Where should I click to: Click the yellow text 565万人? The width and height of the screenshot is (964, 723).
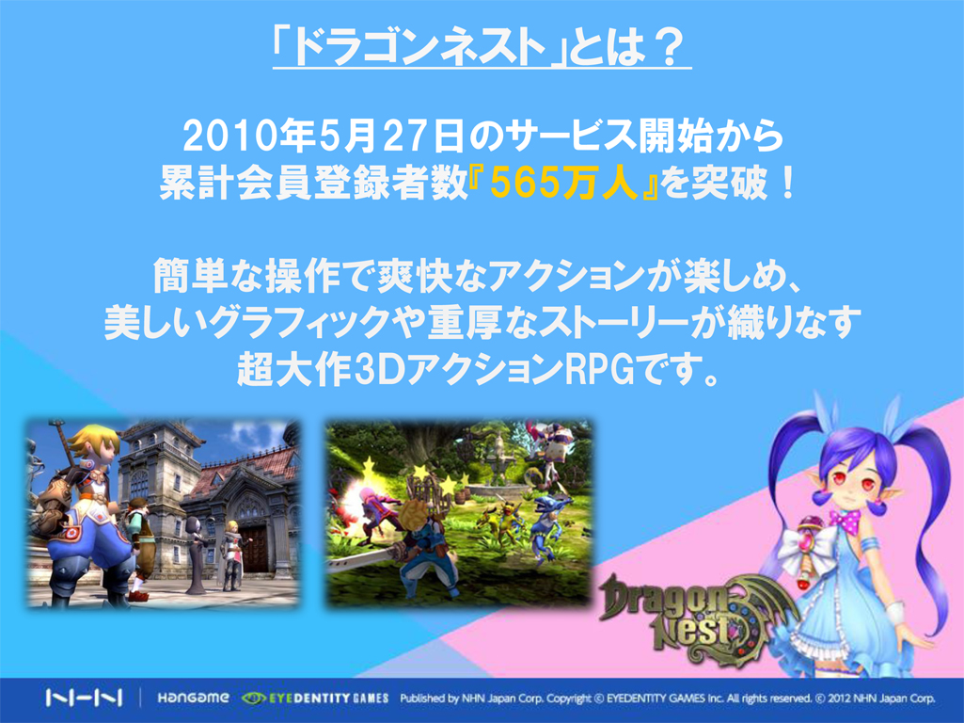click(x=564, y=183)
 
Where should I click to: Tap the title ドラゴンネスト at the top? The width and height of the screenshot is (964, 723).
click(x=419, y=48)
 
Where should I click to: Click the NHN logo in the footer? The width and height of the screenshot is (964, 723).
click(x=84, y=698)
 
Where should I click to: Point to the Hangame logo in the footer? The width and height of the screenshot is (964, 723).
click(x=193, y=698)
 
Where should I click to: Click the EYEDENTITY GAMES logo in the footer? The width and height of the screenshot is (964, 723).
click(x=315, y=698)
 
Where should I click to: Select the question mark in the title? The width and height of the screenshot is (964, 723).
click(x=670, y=48)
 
